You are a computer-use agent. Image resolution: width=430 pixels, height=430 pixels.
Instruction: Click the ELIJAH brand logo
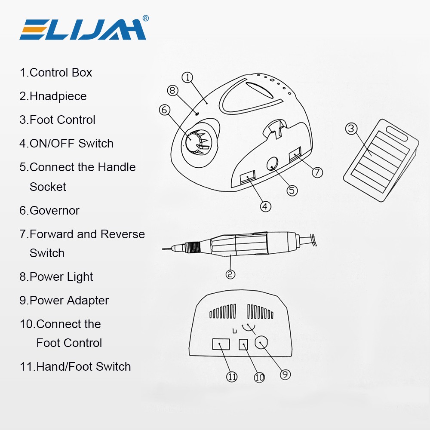tap(83, 29)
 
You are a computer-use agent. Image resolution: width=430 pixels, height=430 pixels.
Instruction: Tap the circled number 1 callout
tap(187, 77)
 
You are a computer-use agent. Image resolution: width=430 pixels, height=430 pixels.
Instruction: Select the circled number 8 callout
tap(172, 90)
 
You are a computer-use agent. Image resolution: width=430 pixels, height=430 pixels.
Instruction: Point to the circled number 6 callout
tap(165, 110)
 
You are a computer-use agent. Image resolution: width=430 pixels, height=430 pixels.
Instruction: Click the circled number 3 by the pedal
tap(351, 129)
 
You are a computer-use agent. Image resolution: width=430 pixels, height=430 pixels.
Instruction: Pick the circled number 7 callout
tap(317, 172)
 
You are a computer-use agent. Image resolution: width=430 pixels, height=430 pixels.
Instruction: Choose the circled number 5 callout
tap(292, 190)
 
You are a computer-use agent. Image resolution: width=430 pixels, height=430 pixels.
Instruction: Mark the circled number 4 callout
tap(265, 206)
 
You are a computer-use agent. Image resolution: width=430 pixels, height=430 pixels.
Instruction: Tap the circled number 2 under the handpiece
tap(230, 274)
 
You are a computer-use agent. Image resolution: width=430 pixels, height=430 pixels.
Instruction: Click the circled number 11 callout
tap(232, 377)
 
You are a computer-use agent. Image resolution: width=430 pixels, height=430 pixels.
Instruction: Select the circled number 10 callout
tap(259, 378)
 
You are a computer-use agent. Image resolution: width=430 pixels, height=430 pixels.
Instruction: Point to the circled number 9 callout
tap(285, 375)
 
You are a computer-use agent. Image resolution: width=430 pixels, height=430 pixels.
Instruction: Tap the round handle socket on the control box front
tap(273, 163)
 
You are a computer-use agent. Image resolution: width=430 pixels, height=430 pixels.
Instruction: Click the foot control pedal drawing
tap(381, 160)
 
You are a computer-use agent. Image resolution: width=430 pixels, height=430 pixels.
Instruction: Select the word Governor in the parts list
tap(54, 211)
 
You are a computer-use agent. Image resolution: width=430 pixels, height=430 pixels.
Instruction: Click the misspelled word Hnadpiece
tap(58, 96)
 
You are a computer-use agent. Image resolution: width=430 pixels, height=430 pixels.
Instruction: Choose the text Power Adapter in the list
tap(69, 300)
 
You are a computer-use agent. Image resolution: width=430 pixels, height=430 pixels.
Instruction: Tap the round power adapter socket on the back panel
tap(261, 343)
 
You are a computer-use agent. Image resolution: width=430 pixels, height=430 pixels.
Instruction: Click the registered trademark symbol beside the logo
tap(146, 18)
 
